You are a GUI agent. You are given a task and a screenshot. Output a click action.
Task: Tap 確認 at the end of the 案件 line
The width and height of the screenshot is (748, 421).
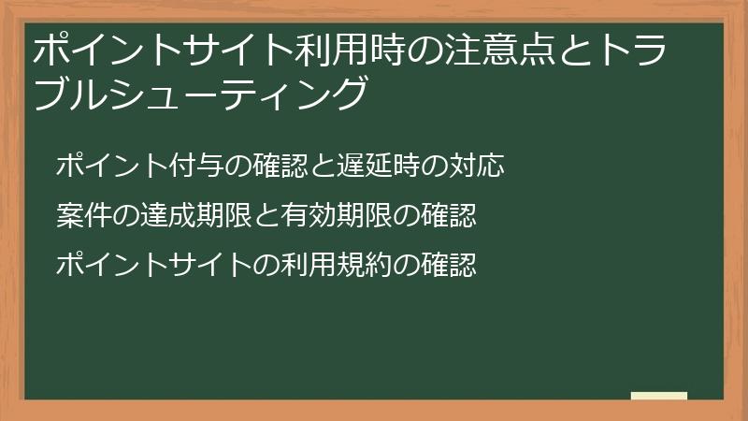[x=450, y=216]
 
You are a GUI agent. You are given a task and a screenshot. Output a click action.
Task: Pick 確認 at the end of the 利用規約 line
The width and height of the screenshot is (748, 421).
[x=450, y=265]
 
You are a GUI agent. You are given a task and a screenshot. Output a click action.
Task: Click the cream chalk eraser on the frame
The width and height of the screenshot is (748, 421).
[x=658, y=397]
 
